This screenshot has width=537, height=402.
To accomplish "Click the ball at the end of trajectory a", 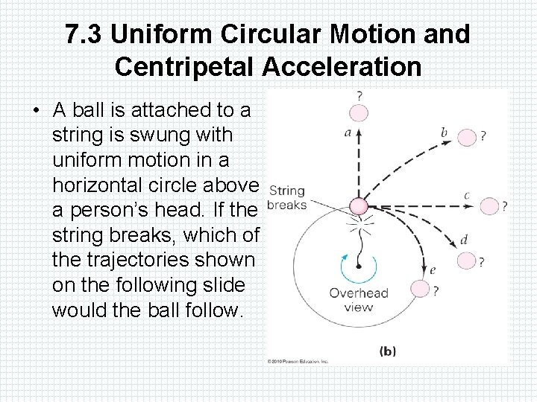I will tap(359, 113).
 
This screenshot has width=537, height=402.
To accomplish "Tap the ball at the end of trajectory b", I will tap(466, 138).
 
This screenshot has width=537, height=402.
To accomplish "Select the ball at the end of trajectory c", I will tap(489, 206).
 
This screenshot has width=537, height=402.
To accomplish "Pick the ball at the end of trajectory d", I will tap(466, 261).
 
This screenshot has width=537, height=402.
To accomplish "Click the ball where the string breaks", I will tap(359, 206).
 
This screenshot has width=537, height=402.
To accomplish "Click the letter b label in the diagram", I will tap(444, 133).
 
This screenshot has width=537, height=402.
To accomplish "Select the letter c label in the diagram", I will tap(466, 196).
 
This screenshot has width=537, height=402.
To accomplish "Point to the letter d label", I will tap(464, 240).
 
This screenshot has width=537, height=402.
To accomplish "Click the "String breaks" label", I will tap(286, 198).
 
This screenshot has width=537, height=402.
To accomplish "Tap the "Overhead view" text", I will tap(359, 299).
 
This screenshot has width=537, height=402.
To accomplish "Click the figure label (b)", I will tap(388, 350).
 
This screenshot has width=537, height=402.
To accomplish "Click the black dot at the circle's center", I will tap(359, 266).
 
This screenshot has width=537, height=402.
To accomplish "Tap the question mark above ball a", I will tap(359, 96).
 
